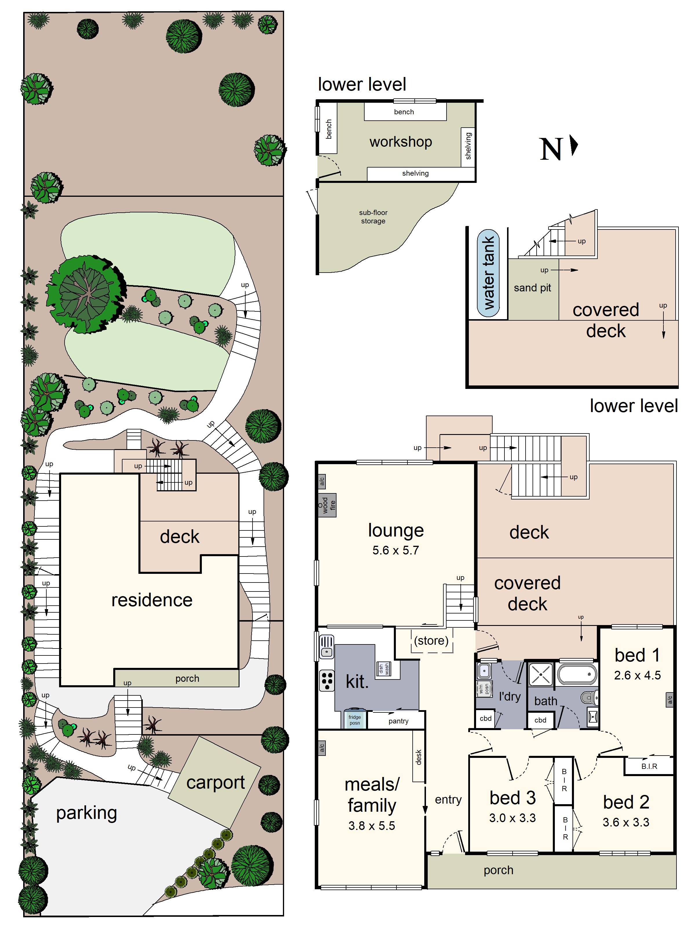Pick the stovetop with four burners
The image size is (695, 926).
coord(327,680)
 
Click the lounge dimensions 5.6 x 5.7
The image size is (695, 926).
coord(396,550)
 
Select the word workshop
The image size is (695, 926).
coord(400,142)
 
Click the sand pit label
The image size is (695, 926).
coord(532,288)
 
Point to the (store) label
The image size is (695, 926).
coord(431,640)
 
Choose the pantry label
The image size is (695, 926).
coord(398,721)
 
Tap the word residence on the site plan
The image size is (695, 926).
coord(152,600)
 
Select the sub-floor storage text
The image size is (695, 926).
coord(373,217)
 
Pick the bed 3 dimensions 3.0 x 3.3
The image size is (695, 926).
coord(512,817)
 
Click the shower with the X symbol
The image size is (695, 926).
coord(541,675)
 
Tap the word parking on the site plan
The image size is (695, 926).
coord(86,813)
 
